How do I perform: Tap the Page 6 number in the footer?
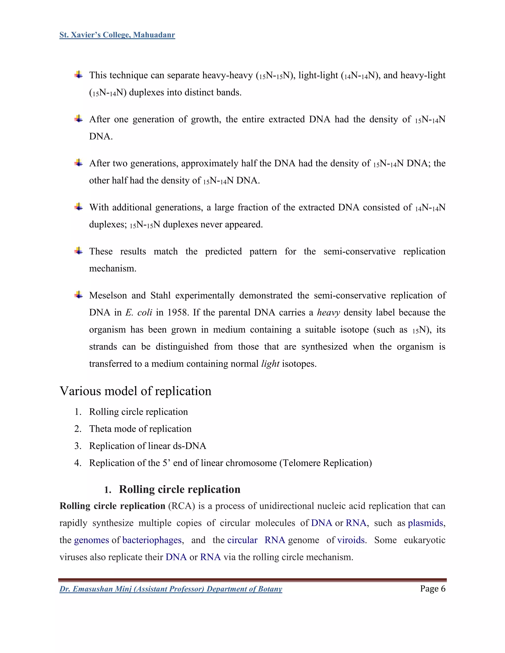tap(432, 589)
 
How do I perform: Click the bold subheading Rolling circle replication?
tap(180, 489)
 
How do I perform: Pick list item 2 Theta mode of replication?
tap(140, 429)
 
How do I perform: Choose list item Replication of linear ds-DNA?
tap(147, 446)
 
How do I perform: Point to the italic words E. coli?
tap(139, 312)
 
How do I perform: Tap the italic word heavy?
tap(328, 312)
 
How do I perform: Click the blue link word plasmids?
tap(425, 523)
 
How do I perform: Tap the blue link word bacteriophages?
tap(152, 540)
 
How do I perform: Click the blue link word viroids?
tap(351, 540)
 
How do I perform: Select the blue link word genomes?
tap(91, 540)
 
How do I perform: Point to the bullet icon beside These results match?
tap(78, 251)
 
